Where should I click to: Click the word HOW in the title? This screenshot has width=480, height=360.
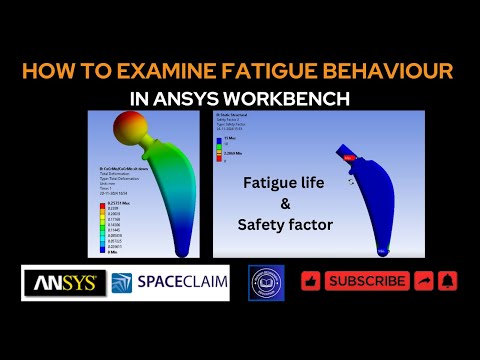pyautogui.click(x=47, y=72)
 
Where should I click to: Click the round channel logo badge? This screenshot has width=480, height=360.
pyautogui.click(x=266, y=283)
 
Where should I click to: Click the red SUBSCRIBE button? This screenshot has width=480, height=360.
pyautogui.click(x=367, y=282)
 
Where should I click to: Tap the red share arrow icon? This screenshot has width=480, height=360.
pyautogui.click(x=423, y=282)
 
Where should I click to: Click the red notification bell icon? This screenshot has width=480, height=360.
pyautogui.click(x=448, y=282)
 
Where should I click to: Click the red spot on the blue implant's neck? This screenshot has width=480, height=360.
pyautogui.click(x=349, y=157)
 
